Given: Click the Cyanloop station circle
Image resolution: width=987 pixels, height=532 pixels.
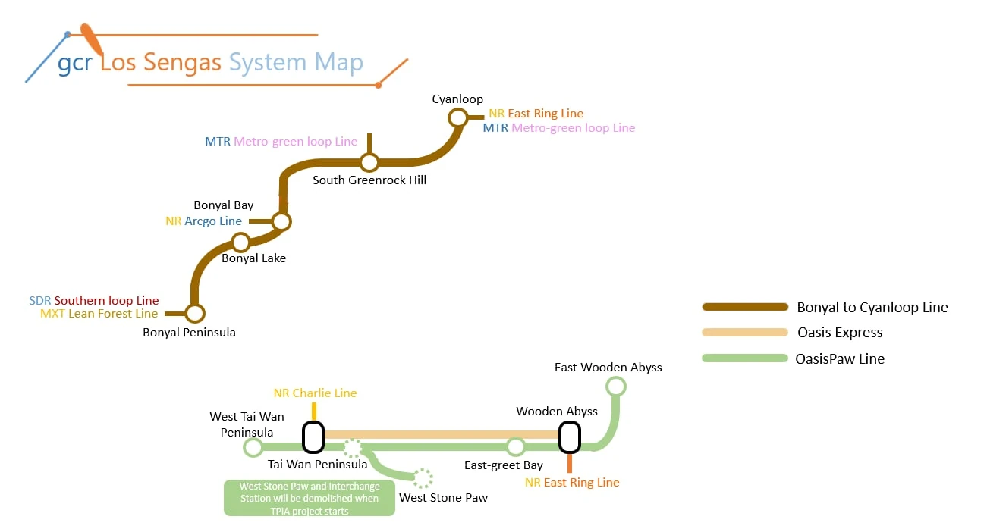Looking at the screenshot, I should (x=458, y=117).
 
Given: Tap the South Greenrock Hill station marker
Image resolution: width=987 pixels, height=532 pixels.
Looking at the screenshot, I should (x=369, y=162).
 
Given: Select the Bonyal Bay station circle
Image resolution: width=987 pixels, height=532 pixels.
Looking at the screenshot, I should (x=281, y=221).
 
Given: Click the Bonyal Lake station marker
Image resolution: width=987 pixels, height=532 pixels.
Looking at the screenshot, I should (x=240, y=243).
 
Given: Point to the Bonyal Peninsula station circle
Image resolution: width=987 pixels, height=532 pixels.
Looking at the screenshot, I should (x=195, y=313).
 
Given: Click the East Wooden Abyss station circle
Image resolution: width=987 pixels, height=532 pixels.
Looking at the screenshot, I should (x=616, y=386).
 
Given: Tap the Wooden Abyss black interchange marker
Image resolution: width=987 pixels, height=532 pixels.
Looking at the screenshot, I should (x=569, y=437).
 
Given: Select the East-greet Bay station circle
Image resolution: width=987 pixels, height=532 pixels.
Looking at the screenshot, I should (x=516, y=446).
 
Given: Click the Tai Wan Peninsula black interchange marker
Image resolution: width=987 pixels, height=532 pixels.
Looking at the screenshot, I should (x=313, y=437).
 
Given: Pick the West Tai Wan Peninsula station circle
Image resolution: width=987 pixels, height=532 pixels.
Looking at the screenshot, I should (x=253, y=447).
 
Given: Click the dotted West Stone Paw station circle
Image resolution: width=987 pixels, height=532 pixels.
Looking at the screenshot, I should (x=423, y=478).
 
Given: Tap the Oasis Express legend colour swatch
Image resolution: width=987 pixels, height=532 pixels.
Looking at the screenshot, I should (x=745, y=332).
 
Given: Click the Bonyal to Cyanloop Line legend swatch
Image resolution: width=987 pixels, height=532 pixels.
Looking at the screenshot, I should (x=745, y=307).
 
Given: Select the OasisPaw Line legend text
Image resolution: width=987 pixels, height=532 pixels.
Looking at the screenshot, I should (x=840, y=358).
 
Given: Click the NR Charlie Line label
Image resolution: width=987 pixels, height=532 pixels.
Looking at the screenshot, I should (x=315, y=393).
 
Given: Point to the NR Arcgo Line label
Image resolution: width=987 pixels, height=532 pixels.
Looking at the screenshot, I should (x=204, y=221).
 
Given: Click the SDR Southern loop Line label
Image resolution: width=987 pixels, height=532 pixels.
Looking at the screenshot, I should (x=94, y=301).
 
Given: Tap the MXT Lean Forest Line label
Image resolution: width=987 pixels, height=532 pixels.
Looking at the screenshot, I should (x=99, y=314).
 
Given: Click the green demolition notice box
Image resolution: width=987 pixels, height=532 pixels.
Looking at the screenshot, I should (x=310, y=498).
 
